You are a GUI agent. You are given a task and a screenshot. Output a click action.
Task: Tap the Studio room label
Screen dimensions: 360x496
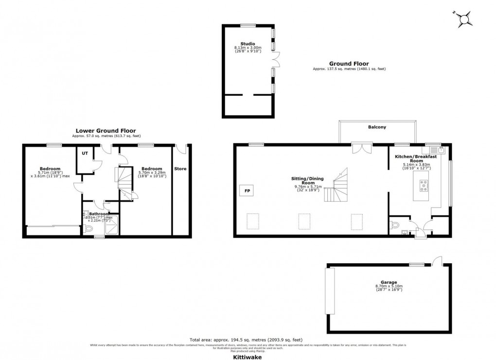click(248, 44)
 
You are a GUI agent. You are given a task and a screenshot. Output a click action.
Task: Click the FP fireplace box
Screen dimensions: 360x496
click(247, 191)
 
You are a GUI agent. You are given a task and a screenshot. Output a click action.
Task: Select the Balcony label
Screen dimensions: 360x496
click(377, 127)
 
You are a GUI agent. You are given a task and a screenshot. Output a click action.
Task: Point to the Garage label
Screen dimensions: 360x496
click(389, 282)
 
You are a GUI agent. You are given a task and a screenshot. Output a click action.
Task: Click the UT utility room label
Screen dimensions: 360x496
click(85, 154)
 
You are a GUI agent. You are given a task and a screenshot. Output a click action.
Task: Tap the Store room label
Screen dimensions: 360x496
click(180, 169)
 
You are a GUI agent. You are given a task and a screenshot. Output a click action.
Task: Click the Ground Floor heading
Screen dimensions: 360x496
click(349, 64)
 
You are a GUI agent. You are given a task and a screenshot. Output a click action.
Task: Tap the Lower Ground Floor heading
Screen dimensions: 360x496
click(106, 131)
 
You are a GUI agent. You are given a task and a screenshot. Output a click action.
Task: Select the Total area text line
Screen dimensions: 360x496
click(248, 340)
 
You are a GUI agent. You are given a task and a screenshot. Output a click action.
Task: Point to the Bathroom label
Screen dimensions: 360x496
click(99, 214)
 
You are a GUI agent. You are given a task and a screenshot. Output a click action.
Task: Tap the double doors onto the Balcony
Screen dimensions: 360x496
click(362, 148)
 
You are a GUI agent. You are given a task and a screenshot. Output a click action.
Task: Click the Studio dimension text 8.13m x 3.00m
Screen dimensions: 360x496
click(248, 48)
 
